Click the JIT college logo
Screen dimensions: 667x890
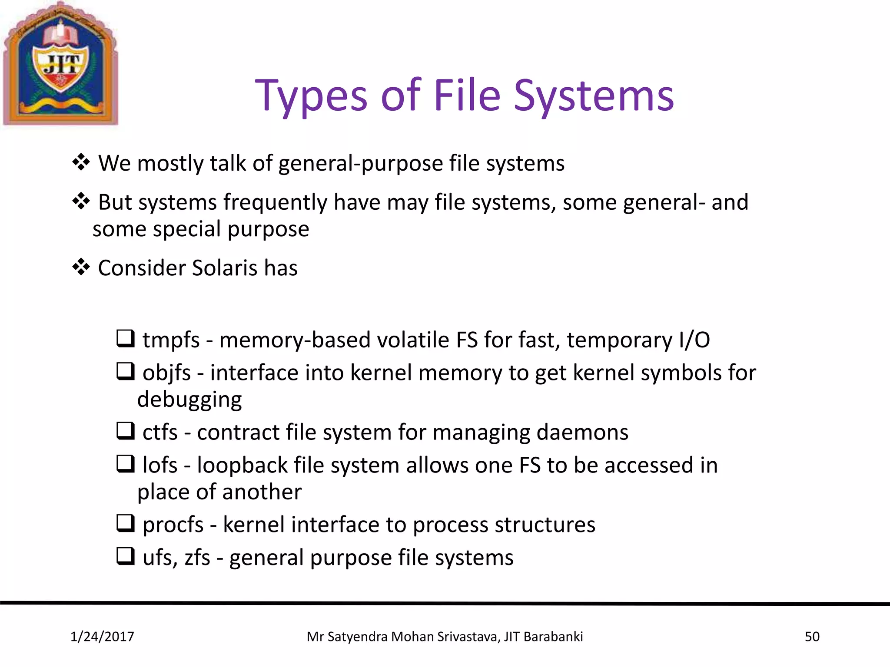tap(60, 64)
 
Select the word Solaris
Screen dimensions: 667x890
tap(225, 268)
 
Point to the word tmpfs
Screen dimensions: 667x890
tap(171, 340)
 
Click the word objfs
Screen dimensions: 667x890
tap(167, 373)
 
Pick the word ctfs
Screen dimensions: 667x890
tap(160, 433)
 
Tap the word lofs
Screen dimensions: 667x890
tap(160, 466)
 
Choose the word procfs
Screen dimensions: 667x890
tap(173, 525)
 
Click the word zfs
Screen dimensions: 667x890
tap(197, 558)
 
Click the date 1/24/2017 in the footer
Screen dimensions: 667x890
tap(102, 637)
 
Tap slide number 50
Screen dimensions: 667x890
tap(812, 637)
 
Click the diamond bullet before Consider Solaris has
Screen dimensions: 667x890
tap(81, 267)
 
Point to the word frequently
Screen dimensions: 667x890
tap(275, 203)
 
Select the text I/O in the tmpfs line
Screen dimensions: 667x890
tap(694, 340)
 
